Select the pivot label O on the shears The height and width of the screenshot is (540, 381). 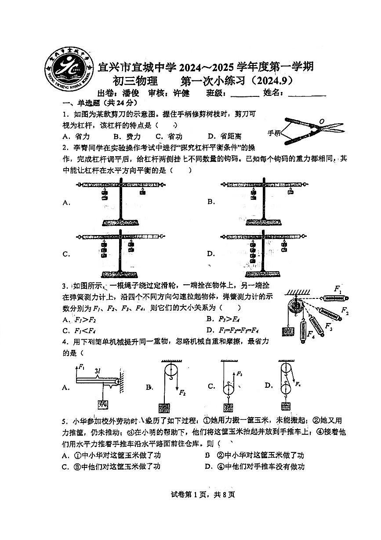coord(322,121)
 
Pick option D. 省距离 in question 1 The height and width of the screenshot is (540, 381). coord(225,136)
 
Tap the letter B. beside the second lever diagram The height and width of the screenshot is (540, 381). coord(211,202)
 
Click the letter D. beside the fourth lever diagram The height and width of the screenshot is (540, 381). coord(211,254)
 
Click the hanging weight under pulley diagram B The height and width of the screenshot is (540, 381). coord(164,408)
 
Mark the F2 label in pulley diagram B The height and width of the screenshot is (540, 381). coord(182,393)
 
